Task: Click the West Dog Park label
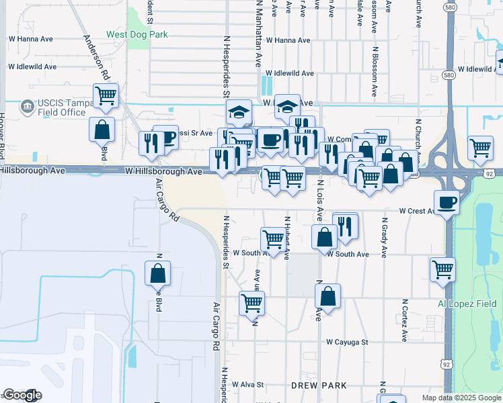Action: (137, 34)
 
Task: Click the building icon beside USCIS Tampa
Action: (27, 105)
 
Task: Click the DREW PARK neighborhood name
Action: (319, 385)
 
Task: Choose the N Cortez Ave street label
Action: (405, 319)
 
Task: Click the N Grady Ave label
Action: (385, 237)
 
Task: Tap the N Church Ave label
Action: (418, 143)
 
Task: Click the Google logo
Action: (22, 395)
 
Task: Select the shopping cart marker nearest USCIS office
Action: (106, 95)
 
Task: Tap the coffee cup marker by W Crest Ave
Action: (447, 203)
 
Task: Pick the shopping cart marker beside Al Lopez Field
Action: (442, 269)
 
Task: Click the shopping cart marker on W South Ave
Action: (273, 238)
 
